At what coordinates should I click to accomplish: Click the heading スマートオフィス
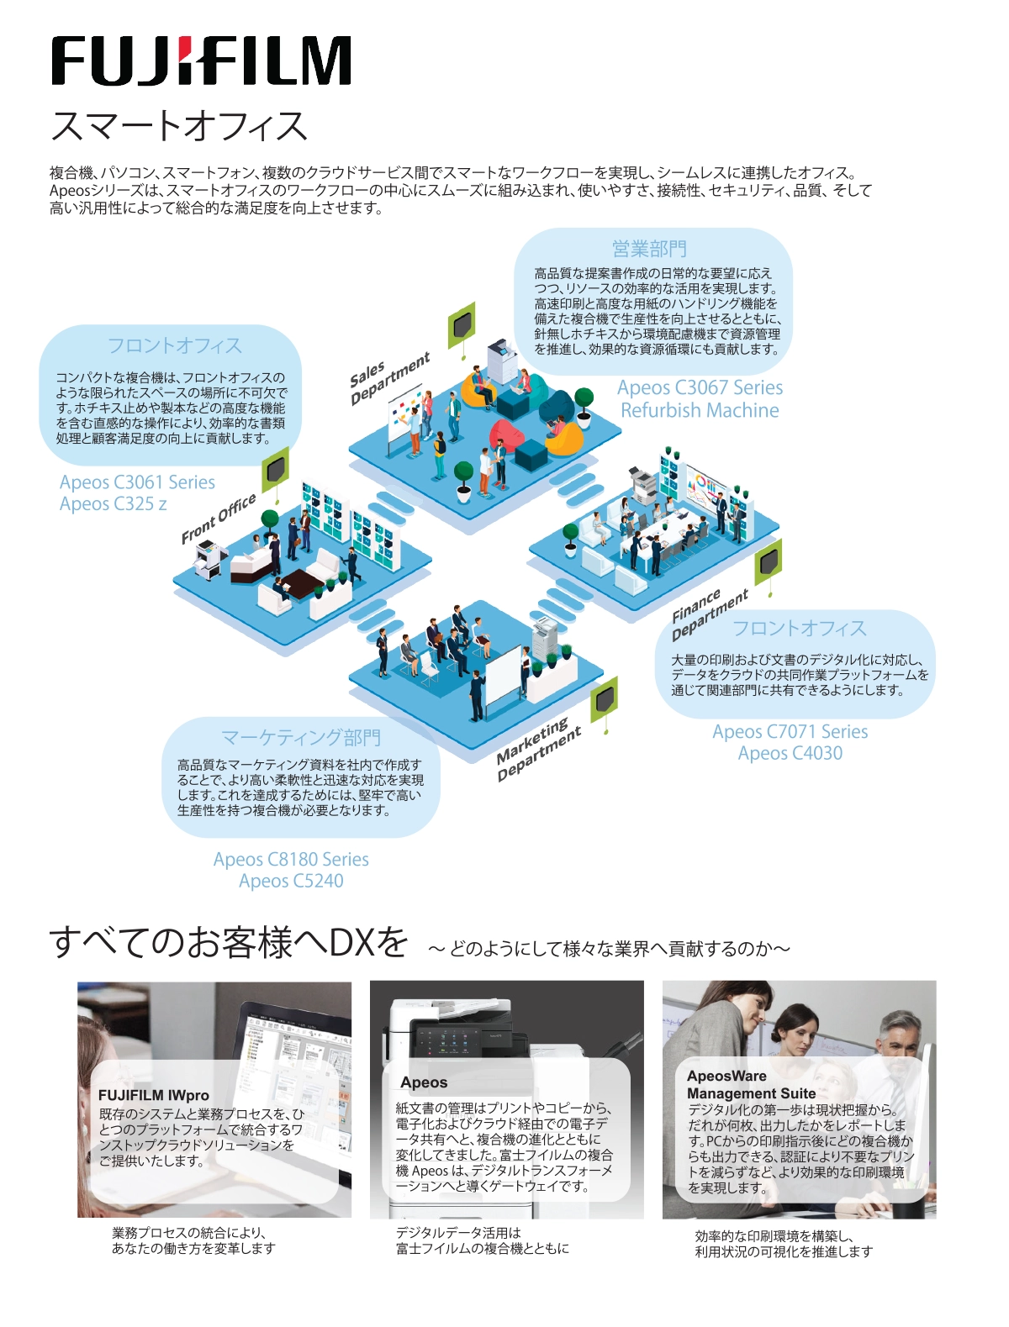[179, 126]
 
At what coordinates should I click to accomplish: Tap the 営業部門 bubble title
[649, 249]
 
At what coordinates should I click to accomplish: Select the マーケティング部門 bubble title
[301, 737]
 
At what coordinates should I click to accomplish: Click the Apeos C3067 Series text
[700, 387]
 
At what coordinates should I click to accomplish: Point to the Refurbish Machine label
[700, 410]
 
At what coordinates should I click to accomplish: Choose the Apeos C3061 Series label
[137, 482]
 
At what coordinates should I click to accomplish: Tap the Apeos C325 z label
[114, 503]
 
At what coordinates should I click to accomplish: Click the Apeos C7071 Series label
[790, 731]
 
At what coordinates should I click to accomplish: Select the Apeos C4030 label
[790, 753]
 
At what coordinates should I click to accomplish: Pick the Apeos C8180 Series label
[291, 859]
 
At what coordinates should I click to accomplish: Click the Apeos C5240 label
[291, 881]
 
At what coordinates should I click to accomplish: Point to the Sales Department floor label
[389, 378]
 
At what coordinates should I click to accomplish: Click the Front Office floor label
[219, 519]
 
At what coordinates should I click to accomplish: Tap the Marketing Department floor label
[538, 750]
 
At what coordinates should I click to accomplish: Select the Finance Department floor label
[710, 613]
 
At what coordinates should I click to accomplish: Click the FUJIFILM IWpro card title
[154, 1095]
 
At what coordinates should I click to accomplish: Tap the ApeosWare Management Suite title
[752, 1085]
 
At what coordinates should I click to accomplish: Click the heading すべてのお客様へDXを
[229, 942]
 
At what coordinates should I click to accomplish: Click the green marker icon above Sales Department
[462, 325]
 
